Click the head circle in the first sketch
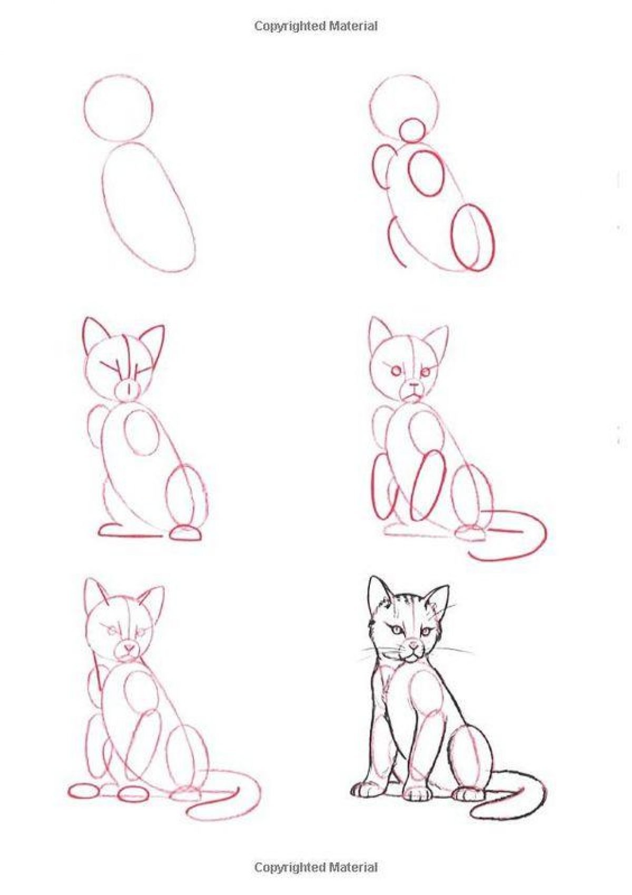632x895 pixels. coord(85,108)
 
